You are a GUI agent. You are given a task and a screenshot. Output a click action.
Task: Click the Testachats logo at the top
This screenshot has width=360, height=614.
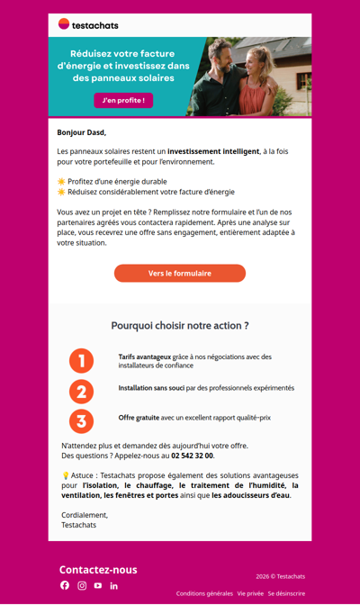(x=88, y=24)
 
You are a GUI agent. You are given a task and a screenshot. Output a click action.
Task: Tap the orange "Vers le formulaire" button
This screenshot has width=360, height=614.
(x=180, y=273)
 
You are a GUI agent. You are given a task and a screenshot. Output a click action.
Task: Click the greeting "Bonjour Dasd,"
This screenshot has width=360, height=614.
(x=82, y=132)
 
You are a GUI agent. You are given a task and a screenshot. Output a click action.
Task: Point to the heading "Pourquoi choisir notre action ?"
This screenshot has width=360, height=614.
(x=180, y=325)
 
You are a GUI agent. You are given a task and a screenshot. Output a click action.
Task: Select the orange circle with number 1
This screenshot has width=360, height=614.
(x=81, y=361)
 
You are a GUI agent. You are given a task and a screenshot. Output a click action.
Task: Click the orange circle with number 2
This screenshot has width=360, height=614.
(x=81, y=392)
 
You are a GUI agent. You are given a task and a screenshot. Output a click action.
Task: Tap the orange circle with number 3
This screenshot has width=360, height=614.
(x=81, y=421)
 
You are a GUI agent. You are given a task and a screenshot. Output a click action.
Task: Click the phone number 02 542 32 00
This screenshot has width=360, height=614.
(x=193, y=456)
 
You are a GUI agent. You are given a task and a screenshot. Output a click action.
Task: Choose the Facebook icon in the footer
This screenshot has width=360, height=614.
(x=65, y=585)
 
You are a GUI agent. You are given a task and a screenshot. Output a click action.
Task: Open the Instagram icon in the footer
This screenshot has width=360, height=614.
(x=82, y=585)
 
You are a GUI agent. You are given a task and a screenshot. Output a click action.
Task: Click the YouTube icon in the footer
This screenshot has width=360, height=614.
(x=98, y=585)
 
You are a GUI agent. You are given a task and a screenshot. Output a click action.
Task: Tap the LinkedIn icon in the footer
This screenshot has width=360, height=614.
(x=114, y=585)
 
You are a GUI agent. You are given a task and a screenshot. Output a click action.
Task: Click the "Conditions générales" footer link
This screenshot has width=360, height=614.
(x=204, y=593)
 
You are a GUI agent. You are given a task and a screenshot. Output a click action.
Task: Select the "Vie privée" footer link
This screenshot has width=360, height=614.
(x=250, y=593)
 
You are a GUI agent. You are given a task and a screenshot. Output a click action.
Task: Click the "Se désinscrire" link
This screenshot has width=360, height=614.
(x=286, y=593)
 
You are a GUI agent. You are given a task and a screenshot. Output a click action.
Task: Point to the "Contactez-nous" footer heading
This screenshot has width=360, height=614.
(x=98, y=569)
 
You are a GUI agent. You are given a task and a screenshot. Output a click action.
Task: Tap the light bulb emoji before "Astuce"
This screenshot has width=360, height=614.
(x=66, y=474)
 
